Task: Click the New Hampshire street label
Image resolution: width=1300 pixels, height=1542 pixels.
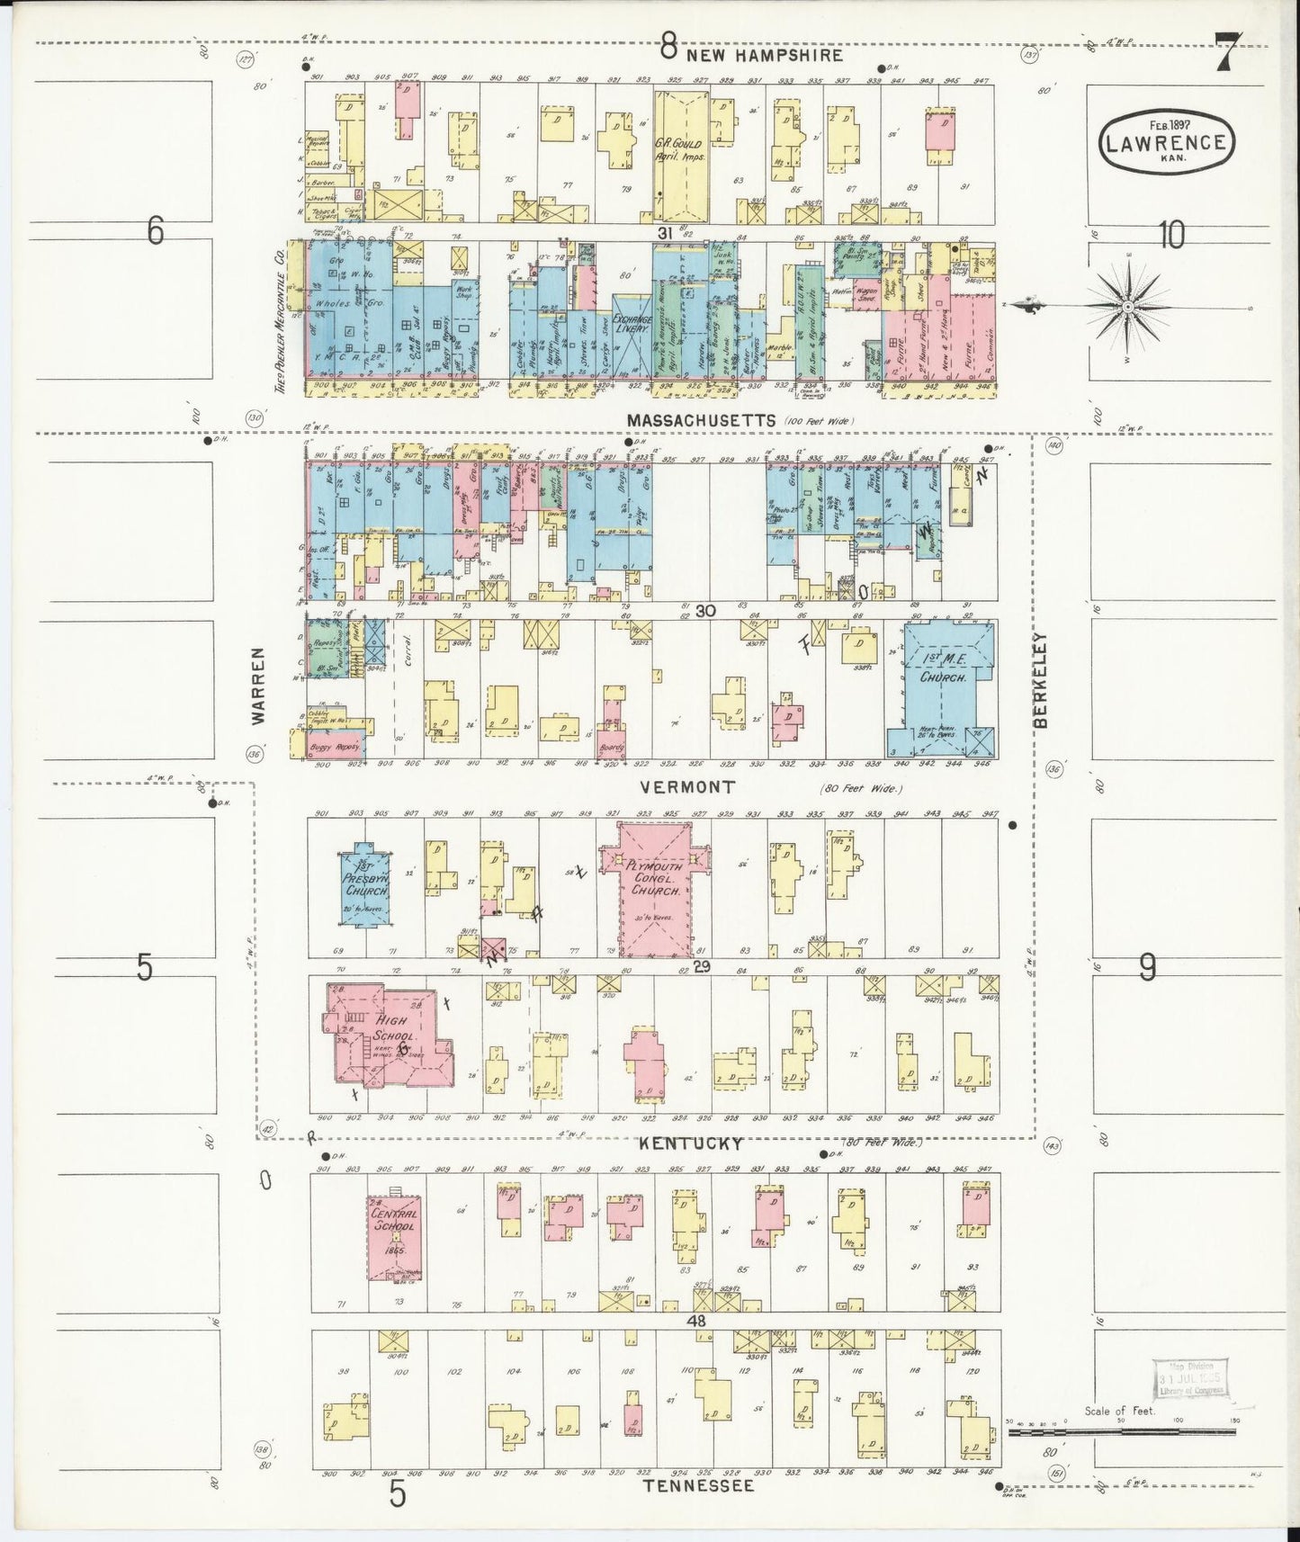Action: pyautogui.click(x=765, y=55)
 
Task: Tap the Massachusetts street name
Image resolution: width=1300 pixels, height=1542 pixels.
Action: pyautogui.click(x=701, y=420)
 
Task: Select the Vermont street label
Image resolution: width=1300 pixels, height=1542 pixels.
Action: pyautogui.click(x=687, y=787)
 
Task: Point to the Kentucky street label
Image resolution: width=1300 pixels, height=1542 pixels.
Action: pyautogui.click(x=691, y=1143)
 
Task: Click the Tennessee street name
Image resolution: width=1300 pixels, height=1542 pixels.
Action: pyautogui.click(x=698, y=1486)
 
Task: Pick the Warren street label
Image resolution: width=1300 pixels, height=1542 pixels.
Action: pyautogui.click(x=258, y=686)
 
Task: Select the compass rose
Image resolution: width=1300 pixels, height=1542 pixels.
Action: pyautogui.click(x=1126, y=306)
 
